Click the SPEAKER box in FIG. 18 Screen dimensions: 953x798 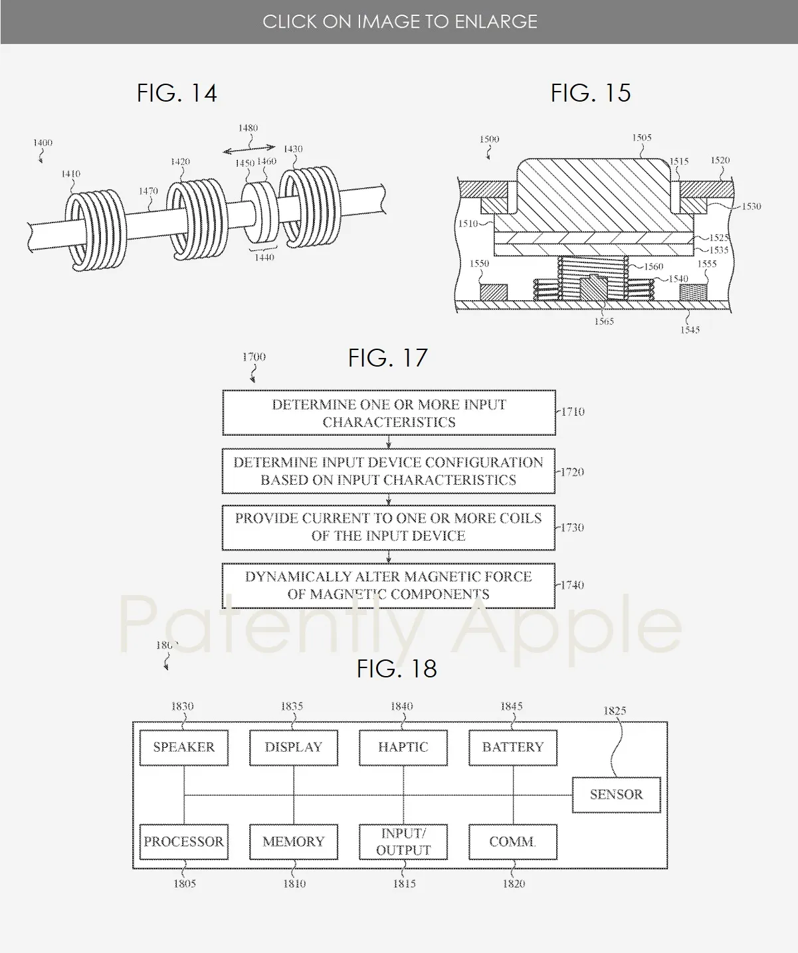183,747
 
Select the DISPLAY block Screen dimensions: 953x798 293,747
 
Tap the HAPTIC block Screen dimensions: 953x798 403,747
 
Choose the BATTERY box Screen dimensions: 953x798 512,747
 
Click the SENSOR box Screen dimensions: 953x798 616,794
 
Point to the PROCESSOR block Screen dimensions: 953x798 183,841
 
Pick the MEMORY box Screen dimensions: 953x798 293,841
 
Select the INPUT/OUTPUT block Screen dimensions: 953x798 403,841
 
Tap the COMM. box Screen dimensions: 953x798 512,841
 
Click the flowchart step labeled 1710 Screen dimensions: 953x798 389,413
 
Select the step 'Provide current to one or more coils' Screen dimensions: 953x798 389,527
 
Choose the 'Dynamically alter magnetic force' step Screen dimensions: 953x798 389,585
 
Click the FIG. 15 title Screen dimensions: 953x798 590,93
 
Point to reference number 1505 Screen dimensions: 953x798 641,137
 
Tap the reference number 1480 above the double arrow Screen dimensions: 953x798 248,128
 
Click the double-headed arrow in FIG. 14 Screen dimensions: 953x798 249,149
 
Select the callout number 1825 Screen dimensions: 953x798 615,711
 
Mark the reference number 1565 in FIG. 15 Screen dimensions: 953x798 603,321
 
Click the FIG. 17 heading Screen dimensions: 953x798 387,358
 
